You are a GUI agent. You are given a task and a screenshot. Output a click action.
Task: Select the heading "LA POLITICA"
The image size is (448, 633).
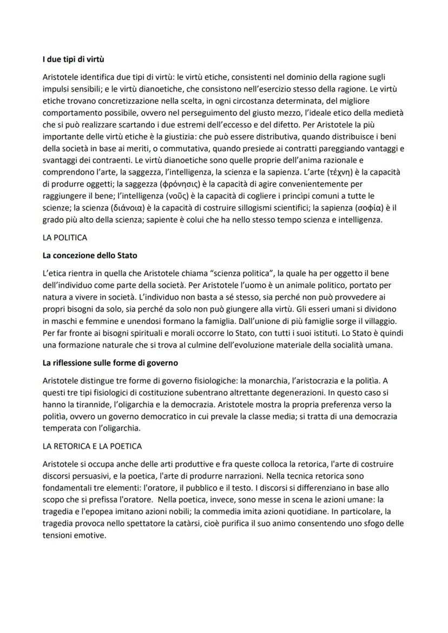[65, 237]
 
